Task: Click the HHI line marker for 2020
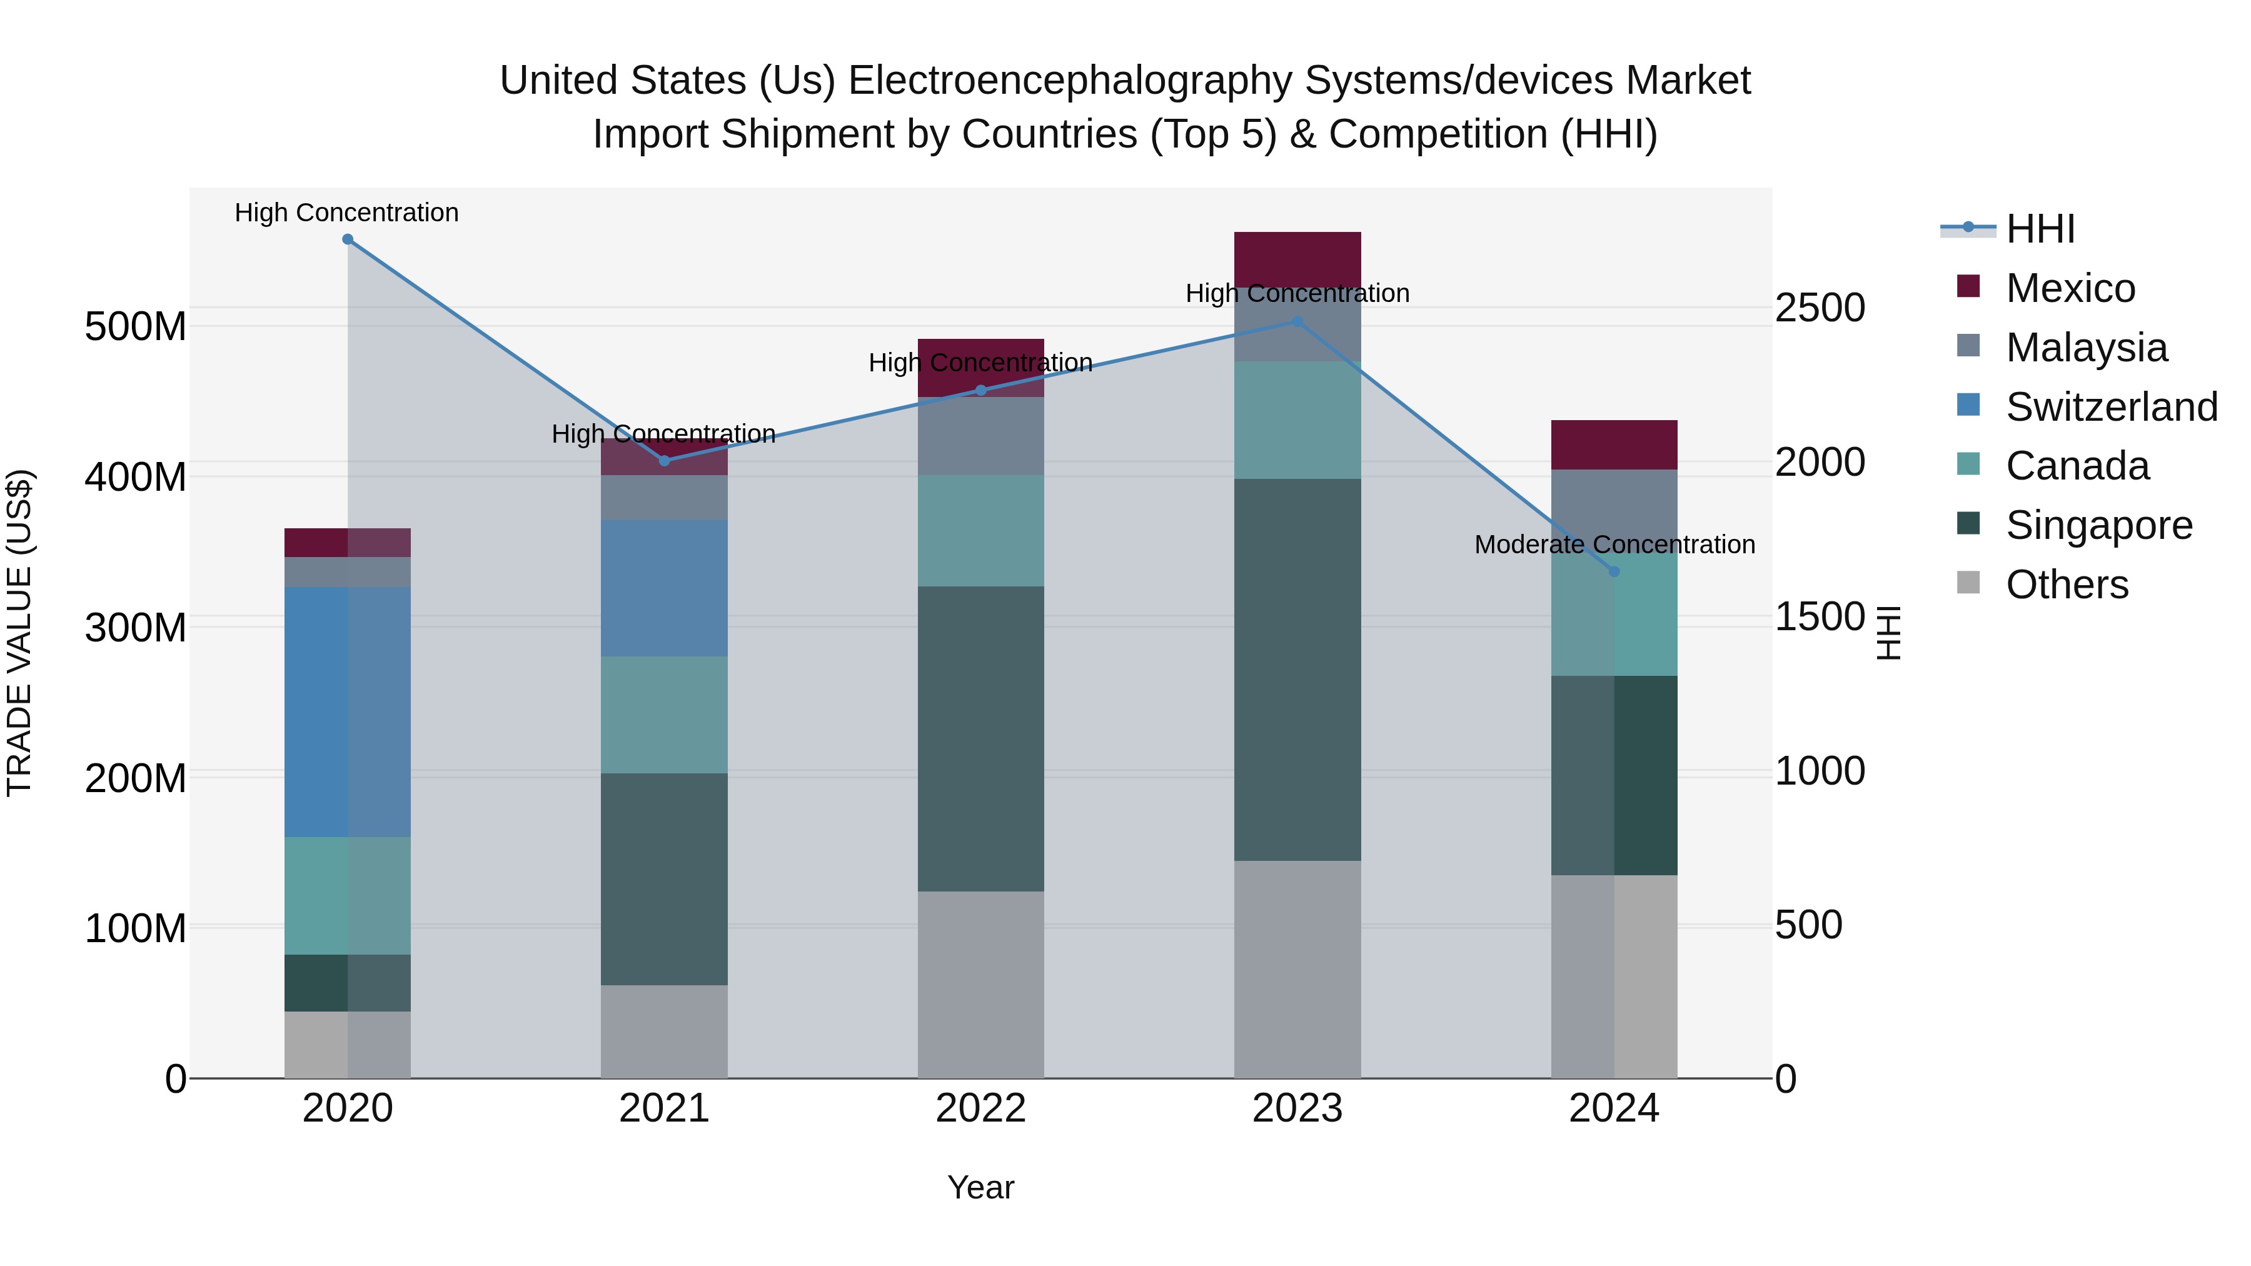(348, 239)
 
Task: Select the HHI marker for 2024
(1614, 571)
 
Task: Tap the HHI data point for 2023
(1297, 321)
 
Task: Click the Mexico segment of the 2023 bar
(1297, 259)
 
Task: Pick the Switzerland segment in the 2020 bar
(348, 712)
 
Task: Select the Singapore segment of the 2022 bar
(980, 738)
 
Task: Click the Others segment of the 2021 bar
(664, 1031)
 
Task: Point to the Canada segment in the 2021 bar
(664, 715)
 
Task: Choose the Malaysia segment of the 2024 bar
(1614, 507)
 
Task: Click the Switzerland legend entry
(2110, 407)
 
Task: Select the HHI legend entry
(2040, 229)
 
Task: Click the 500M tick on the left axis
(136, 327)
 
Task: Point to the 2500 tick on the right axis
(1820, 308)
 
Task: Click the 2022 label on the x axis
(980, 1108)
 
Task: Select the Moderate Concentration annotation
(1614, 545)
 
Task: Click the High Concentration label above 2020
(347, 213)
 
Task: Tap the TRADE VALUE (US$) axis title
(19, 633)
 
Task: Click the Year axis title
(980, 1187)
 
